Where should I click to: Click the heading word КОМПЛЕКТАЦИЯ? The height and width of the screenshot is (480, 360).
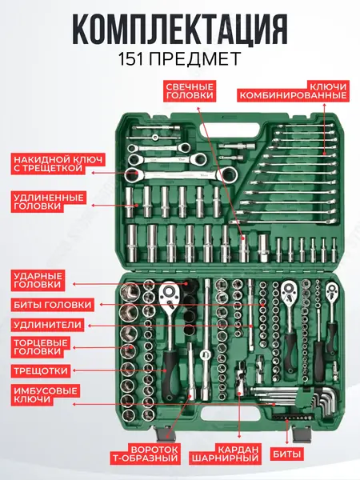point(180,30)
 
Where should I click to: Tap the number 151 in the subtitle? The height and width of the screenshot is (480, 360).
point(131,59)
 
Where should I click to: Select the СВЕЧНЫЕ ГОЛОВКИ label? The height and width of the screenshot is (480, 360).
point(190,91)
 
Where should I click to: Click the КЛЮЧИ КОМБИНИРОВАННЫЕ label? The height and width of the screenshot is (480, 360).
point(293,91)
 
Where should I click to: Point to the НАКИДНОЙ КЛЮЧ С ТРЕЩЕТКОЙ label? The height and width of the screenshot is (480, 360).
point(58,164)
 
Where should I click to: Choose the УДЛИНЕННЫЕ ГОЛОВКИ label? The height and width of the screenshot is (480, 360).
point(49,202)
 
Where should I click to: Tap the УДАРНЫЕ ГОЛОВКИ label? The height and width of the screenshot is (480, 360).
point(38,280)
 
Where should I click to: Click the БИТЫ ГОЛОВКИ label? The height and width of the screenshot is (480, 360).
point(53,305)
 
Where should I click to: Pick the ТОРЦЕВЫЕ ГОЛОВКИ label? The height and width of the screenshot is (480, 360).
point(41,347)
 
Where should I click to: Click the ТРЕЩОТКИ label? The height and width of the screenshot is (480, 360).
point(41,370)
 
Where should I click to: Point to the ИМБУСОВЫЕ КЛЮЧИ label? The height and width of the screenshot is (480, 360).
point(46,395)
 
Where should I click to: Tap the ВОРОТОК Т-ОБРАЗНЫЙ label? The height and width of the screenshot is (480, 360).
point(145,454)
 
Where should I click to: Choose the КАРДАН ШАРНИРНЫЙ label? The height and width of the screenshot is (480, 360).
point(225,454)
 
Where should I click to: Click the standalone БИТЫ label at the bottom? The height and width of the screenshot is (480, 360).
point(287,454)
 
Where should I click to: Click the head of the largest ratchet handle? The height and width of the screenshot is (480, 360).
point(169,294)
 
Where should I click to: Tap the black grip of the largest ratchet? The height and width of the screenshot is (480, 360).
point(170,376)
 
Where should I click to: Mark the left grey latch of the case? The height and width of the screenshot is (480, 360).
point(165,433)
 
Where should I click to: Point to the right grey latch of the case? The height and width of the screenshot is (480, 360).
point(302,433)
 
